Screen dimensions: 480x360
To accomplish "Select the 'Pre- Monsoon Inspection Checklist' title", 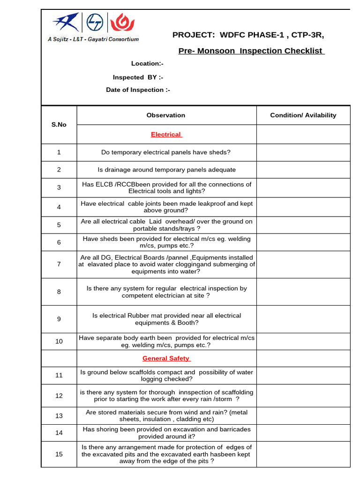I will point(251,51).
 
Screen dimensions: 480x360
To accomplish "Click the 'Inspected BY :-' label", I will point(138,77).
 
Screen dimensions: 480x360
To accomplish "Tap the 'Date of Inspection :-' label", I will point(138,90).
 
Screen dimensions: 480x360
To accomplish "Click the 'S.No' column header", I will point(59,125).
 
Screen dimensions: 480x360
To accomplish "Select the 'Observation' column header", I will point(165,115).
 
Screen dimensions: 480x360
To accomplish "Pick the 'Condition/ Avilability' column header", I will point(303,115).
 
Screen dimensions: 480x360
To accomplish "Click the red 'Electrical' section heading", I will point(166,135).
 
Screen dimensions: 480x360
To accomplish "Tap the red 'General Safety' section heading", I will point(166,359).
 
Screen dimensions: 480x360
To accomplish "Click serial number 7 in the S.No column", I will point(59,264).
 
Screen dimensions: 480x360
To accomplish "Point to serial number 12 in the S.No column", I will point(59,396).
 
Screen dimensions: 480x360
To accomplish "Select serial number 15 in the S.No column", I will point(59,454).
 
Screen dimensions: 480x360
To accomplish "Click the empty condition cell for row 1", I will point(303,152).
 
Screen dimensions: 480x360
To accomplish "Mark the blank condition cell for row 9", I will point(303,319).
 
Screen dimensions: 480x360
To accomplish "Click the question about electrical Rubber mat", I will point(166,319).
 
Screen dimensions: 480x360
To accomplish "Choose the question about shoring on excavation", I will point(166,433).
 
